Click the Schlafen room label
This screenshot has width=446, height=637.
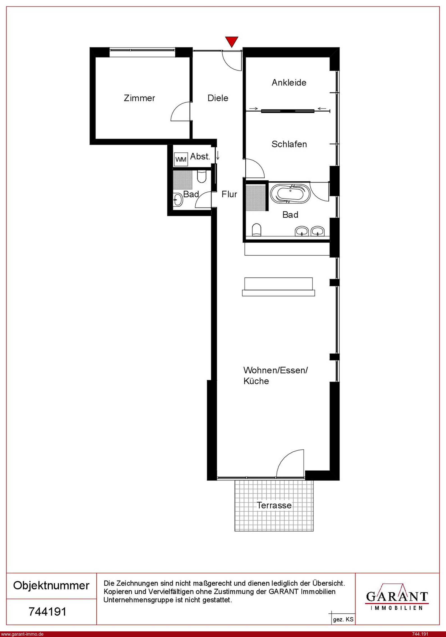289,144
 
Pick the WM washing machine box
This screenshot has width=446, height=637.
181,159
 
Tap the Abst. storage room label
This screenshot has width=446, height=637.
200,156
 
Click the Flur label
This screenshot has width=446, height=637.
229,194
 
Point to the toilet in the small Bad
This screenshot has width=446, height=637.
202,177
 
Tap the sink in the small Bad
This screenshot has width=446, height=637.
178,200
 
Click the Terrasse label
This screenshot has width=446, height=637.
274,505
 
